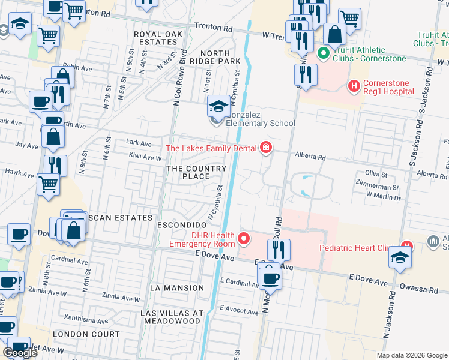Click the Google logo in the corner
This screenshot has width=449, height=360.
[20, 353]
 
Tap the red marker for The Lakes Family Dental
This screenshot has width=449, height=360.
[265, 148]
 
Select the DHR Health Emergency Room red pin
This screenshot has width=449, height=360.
[244, 239]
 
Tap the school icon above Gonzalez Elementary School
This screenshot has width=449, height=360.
[218, 107]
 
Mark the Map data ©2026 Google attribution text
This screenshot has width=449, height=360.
[411, 355]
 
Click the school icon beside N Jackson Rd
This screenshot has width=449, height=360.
[400, 258]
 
